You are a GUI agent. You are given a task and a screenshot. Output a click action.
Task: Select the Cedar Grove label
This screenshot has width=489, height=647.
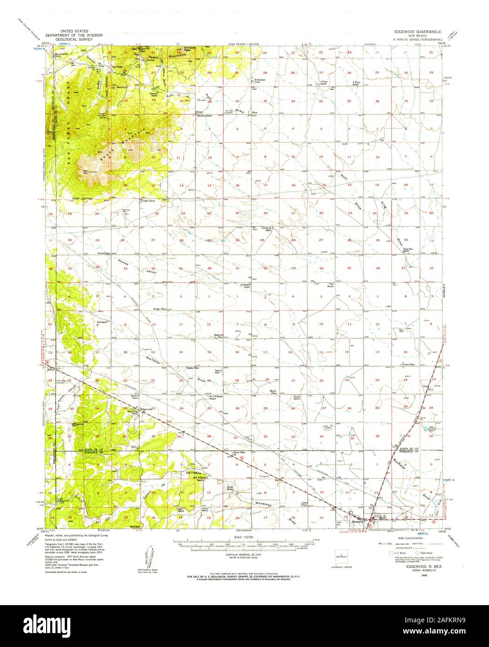point(148,201)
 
